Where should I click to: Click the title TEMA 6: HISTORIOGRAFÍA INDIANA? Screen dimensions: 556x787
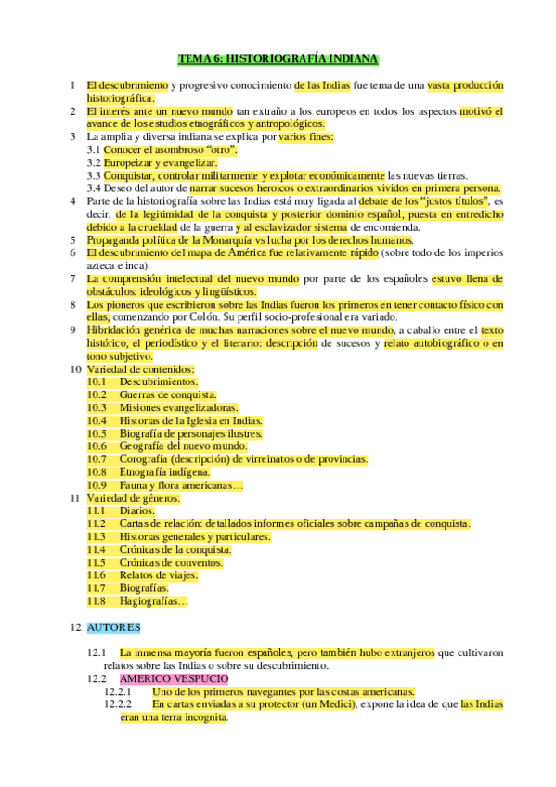(278, 58)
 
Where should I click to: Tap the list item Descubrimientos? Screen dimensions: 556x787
(158, 381)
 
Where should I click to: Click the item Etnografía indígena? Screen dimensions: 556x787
(164, 471)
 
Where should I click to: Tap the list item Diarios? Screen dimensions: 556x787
(136, 510)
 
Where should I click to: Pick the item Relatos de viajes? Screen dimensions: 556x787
(159, 575)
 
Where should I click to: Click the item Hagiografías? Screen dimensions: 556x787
(152, 601)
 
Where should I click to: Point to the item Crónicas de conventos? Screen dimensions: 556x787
(171, 562)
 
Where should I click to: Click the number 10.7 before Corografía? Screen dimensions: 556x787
(97, 458)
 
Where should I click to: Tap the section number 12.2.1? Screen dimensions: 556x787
(118, 691)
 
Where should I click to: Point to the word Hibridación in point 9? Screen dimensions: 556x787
(117, 329)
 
